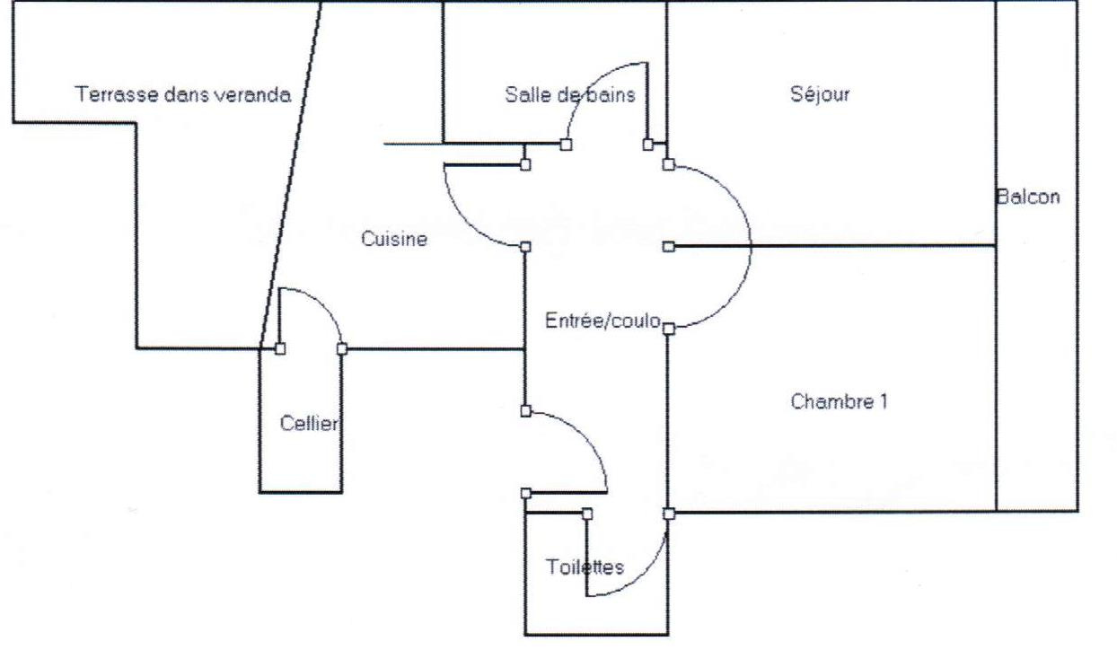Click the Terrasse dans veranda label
click(x=183, y=94)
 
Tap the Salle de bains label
click(x=569, y=94)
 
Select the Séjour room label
click(x=820, y=94)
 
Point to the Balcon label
click(x=1028, y=198)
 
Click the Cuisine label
click(x=394, y=239)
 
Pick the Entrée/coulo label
click(x=603, y=321)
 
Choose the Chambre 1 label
click(x=839, y=401)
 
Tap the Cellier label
click(x=310, y=424)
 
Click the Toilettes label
click(x=585, y=567)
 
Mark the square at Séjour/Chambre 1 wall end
click(x=668, y=246)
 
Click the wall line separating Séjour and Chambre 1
click(x=835, y=245)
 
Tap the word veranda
click(x=255, y=94)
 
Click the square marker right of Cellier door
click(x=342, y=348)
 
